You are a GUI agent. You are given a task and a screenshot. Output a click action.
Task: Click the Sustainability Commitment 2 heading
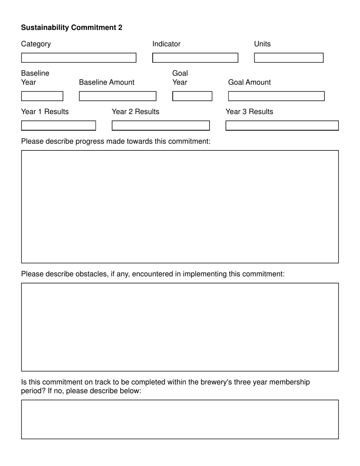72,28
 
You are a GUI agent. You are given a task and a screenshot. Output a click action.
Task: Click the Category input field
78,58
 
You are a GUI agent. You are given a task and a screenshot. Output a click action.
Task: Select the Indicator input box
195,58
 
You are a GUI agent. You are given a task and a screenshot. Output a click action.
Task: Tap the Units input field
288,58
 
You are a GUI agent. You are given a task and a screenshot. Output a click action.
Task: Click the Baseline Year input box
42,96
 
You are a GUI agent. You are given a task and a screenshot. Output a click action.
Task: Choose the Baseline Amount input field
117,96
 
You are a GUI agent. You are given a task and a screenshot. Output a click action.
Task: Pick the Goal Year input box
192,96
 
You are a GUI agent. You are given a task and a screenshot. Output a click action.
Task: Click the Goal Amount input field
276,96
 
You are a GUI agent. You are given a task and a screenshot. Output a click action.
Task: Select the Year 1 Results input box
58,125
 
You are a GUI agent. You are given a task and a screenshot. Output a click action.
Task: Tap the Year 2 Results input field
161,125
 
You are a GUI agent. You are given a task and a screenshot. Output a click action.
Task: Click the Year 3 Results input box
282,125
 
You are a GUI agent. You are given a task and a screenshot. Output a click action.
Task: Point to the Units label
262,44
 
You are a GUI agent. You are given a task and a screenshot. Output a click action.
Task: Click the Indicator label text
166,44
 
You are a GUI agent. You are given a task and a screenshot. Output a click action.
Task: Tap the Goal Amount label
249,83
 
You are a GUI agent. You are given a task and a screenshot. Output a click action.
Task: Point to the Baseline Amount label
106,83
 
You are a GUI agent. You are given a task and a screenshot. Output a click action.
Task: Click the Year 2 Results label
135,112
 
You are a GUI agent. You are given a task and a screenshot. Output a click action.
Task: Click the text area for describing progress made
180,206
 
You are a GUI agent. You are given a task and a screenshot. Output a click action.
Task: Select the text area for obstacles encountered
180,327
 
